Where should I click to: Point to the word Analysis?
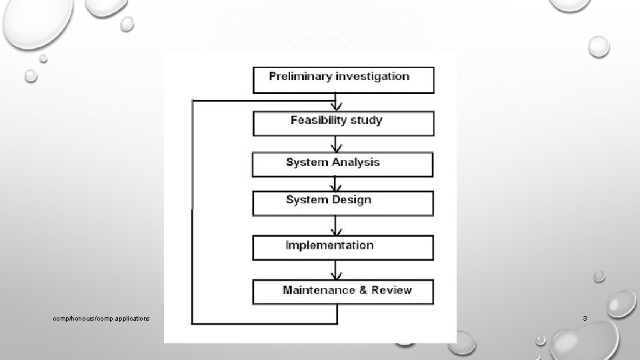click(353, 162)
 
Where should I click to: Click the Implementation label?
click(329, 245)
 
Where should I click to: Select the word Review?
click(391, 290)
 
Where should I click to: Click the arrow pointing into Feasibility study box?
click(338, 105)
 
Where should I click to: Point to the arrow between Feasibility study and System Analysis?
click(338, 145)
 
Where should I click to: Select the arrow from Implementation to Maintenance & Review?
click(338, 271)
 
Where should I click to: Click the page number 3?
click(585, 319)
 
